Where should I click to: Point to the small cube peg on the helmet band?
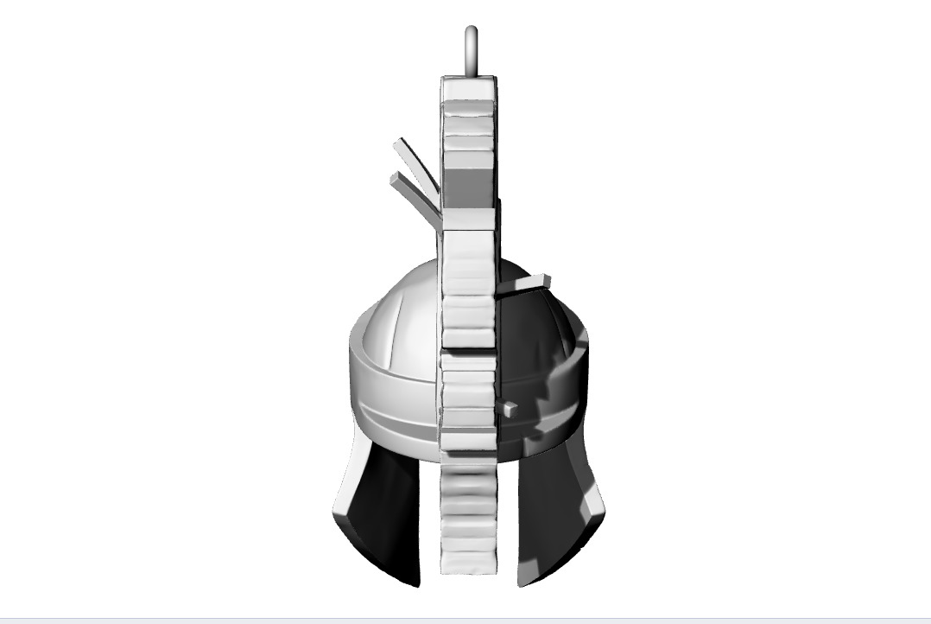(x=510, y=410)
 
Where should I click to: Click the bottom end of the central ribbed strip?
(x=469, y=562)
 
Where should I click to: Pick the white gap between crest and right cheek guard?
(x=508, y=527)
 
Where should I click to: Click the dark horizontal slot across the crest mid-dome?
(x=467, y=348)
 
